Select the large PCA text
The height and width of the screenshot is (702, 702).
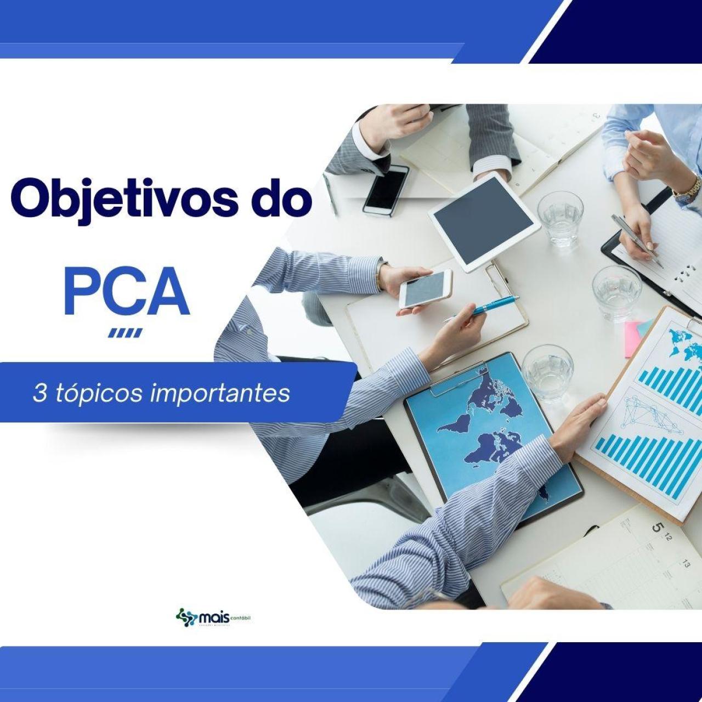pyautogui.click(x=127, y=292)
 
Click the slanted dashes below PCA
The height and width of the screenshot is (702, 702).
pyautogui.click(x=126, y=333)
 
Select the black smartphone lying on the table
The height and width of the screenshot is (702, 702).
pyautogui.click(x=386, y=190)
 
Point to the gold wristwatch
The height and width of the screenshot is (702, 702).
pyautogui.click(x=689, y=188)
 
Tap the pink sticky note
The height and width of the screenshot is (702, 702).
pyautogui.click(x=633, y=337)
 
